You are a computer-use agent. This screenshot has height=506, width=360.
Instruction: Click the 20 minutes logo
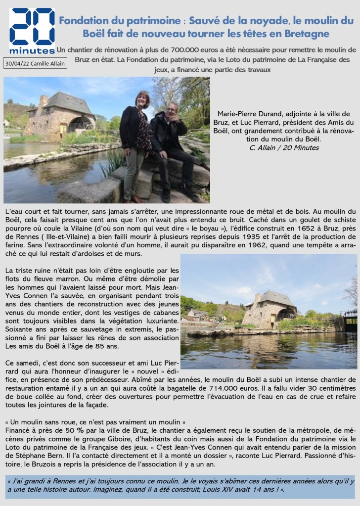pyautogui.click(x=32, y=31)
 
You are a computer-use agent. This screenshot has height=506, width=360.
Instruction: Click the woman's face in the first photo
pyautogui.click(x=141, y=99)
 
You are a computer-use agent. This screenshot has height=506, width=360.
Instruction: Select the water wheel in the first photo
pyautogui.click(x=82, y=123)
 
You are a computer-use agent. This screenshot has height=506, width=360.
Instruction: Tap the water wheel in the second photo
pyautogui.click(x=286, y=314)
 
